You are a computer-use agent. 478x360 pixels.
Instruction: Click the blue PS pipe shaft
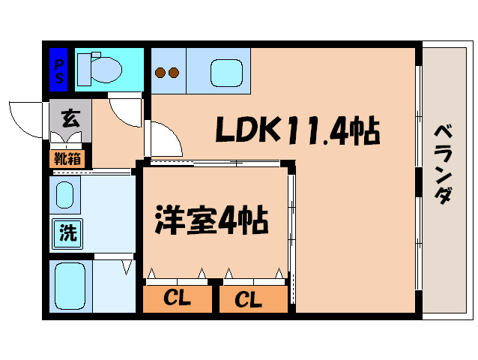[58, 70]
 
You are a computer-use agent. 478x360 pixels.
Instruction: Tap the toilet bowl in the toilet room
[106, 70]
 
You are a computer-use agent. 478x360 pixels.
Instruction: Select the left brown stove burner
[160, 73]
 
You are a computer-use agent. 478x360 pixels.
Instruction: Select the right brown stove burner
[174, 73]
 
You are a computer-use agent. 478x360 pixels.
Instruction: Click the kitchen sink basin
[226, 73]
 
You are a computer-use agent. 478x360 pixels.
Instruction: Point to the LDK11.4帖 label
[298, 129]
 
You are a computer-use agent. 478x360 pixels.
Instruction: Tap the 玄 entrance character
[70, 118]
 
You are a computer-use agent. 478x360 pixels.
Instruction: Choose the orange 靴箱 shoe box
[67, 159]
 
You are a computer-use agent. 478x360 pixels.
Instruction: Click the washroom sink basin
[65, 195]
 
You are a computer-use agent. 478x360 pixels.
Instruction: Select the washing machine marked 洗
[67, 234]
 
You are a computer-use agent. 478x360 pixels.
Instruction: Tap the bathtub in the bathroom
[70, 286]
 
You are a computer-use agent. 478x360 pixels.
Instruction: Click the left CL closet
[178, 299]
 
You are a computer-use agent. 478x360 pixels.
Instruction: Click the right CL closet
[254, 299]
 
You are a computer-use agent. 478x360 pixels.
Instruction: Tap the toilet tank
[84, 70]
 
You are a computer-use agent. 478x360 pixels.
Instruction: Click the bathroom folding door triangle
[127, 267]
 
